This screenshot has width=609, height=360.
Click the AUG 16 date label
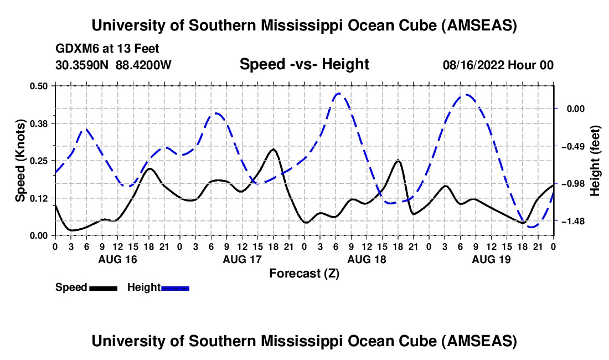pyautogui.click(x=117, y=259)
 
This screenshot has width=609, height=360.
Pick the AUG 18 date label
pyautogui.click(x=367, y=259)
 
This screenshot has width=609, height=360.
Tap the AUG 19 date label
pyautogui.click(x=492, y=259)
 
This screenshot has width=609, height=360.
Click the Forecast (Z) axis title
pyautogui.click(x=304, y=273)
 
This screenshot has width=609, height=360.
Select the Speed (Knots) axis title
pyautogui.click(x=20, y=161)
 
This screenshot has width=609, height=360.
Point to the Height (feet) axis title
pyautogui.click(x=595, y=161)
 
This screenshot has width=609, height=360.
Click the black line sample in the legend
pyautogui.click(x=103, y=287)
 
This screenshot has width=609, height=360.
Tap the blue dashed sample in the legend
pyautogui.click(x=176, y=287)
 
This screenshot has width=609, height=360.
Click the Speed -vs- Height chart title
pyautogui.click(x=304, y=64)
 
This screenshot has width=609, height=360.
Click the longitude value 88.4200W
pyautogui.click(x=144, y=65)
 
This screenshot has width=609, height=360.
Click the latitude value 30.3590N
pyautogui.click(x=82, y=65)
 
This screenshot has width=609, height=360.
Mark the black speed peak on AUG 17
pyautogui.click(x=273, y=149)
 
